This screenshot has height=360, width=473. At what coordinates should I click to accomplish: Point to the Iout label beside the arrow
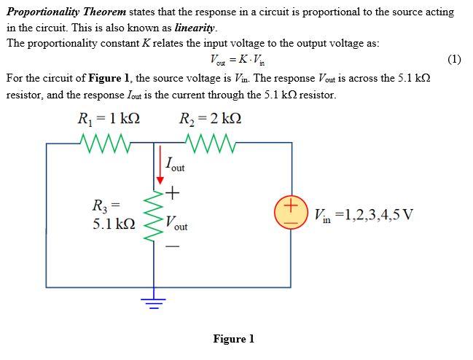click(x=175, y=164)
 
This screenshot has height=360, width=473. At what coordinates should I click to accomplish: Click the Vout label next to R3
click(x=176, y=223)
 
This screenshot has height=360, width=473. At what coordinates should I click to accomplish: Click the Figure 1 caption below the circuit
click(x=233, y=339)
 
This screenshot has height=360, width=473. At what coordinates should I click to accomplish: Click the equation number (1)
click(x=453, y=59)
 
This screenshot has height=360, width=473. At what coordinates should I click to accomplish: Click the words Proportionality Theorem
click(x=66, y=12)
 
